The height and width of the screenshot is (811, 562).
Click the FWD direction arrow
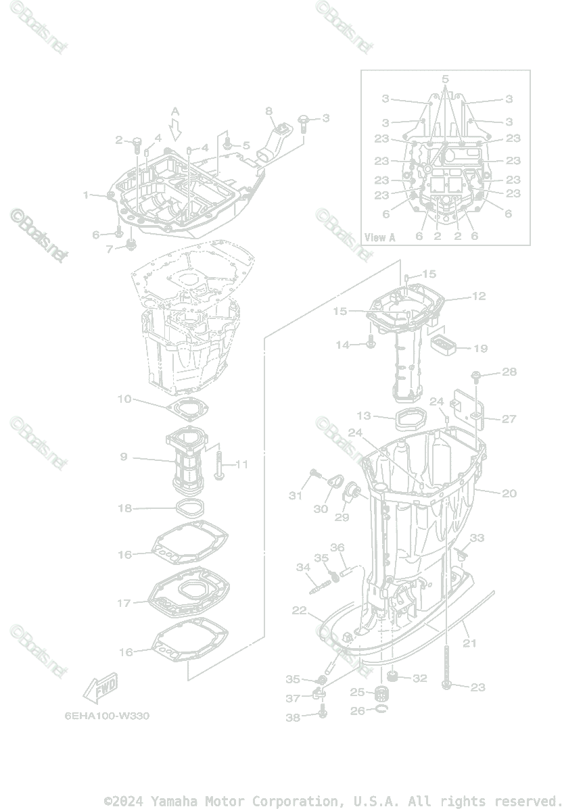(100, 687)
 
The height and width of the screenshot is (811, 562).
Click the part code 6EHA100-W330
(108, 716)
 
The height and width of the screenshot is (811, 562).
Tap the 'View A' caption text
(379, 237)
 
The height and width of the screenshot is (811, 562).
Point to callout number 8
(268, 111)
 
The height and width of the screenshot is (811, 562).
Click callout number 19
(480, 349)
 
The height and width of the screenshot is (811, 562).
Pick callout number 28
(509, 372)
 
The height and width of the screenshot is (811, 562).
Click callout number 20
(509, 493)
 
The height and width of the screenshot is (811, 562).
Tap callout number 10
(124, 399)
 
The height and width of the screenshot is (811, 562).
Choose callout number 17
(124, 602)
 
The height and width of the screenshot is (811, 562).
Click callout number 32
(419, 678)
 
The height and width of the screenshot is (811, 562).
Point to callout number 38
(292, 718)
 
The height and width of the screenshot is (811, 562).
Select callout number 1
(86, 195)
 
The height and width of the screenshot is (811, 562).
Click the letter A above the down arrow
(175, 111)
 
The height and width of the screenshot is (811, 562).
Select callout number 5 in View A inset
(445, 79)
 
